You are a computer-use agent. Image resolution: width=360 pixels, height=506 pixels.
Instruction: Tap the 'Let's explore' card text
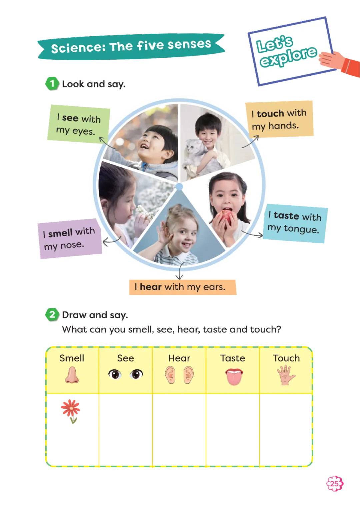tap(287, 52)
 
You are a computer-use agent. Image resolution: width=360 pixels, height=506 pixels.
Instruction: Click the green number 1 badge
tap(52, 83)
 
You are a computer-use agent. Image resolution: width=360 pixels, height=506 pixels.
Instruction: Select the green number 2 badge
tap(52, 314)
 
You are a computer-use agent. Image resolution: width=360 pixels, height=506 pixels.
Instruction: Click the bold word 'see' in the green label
tap(70, 118)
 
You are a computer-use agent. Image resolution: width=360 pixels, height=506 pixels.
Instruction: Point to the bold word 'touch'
tap(270, 114)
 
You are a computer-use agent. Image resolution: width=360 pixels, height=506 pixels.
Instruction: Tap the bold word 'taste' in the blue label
tap(286, 216)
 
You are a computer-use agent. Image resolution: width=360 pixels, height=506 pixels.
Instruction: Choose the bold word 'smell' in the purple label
tap(60, 233)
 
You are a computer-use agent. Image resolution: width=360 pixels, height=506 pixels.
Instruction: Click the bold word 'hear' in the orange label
tap(151, 287)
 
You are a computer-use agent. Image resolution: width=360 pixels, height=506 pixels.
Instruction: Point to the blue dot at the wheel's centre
tap(179, 187)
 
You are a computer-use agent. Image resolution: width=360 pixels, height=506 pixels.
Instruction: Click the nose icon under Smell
tap(72, 375)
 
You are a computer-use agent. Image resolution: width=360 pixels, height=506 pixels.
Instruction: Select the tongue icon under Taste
tap(234, 376)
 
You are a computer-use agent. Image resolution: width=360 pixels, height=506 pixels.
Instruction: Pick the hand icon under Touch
tap(286, 375)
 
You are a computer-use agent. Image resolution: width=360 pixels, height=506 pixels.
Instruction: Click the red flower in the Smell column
tap(71, 409)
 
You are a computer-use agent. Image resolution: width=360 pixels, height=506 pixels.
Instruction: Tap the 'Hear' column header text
tap(179, 358)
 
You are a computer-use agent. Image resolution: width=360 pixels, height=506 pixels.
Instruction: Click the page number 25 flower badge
tap(334, 483)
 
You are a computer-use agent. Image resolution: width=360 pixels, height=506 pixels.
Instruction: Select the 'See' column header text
tap(125, 358)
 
